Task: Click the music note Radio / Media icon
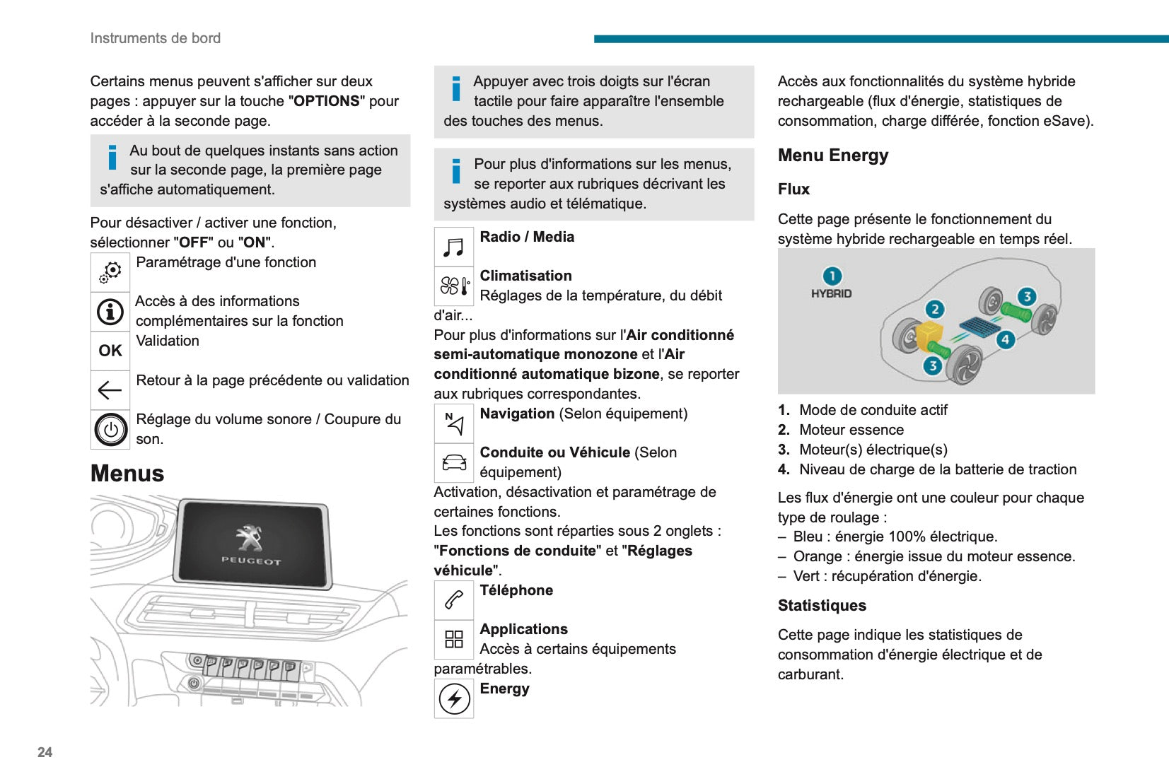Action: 453,247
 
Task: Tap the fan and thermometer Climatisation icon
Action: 454,286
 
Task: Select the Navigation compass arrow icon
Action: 454,423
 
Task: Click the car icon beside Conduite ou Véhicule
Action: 454,462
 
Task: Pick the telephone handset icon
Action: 454,599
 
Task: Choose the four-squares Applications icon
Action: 454,639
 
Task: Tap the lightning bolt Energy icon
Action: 454,698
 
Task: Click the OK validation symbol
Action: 110,351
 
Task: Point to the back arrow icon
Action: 110,389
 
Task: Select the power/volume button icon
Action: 110,429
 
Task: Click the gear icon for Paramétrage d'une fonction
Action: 110,271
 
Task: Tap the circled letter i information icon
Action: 110,312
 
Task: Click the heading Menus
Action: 127,473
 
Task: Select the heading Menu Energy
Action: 833,156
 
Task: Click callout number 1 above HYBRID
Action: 832,276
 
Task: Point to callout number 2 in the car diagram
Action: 935,309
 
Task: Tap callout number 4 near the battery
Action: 1005,339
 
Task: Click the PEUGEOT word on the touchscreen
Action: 251,561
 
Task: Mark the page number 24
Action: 45,752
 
